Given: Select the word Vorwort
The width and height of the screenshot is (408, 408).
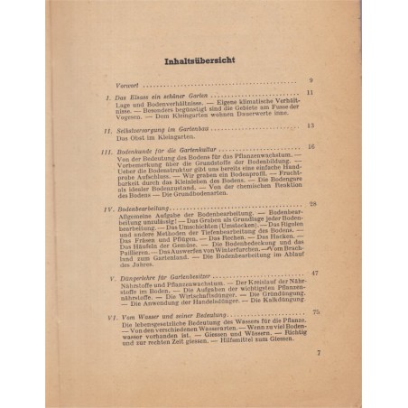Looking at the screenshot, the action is click(116, 81).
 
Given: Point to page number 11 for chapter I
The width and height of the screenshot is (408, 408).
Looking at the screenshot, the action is click(310, 93).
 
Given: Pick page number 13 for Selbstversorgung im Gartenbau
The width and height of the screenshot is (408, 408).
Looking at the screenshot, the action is click(311, 125).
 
